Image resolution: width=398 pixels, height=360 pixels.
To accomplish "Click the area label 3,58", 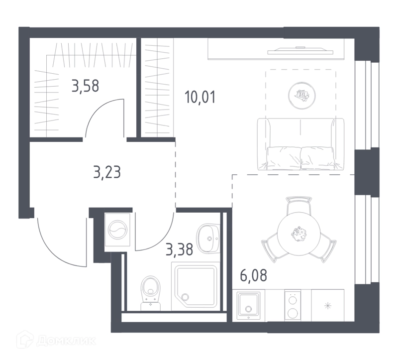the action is point(85,86).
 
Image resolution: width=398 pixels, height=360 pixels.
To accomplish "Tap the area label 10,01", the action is point(200,97).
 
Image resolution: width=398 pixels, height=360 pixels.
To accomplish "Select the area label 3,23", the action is point(107,172).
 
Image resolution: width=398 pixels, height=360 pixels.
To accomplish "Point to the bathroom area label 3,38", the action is point(179,249).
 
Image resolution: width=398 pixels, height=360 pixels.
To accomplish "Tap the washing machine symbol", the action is point(117,230).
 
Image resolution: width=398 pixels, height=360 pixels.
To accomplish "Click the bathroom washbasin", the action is point(208,239).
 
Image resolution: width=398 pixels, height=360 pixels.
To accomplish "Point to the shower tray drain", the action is point(186,297).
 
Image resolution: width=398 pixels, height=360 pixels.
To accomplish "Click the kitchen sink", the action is point(248,306).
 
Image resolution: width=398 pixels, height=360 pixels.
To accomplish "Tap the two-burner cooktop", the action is point(293,305).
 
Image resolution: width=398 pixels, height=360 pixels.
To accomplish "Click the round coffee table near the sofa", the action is point(302,96).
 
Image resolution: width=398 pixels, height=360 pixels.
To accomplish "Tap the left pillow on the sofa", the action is point(283,158).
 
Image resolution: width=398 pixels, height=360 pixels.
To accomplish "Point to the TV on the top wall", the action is point(300,51).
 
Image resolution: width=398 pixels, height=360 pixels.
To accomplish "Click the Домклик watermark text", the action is point(66,341).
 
